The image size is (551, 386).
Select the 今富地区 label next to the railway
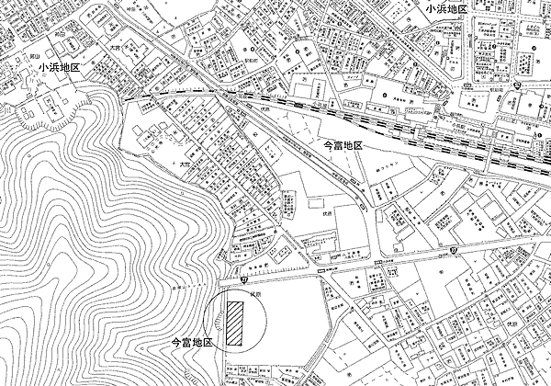point(350,145)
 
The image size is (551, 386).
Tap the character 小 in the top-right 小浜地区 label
point(430,8)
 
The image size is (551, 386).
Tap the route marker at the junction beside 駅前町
point(517,85)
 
